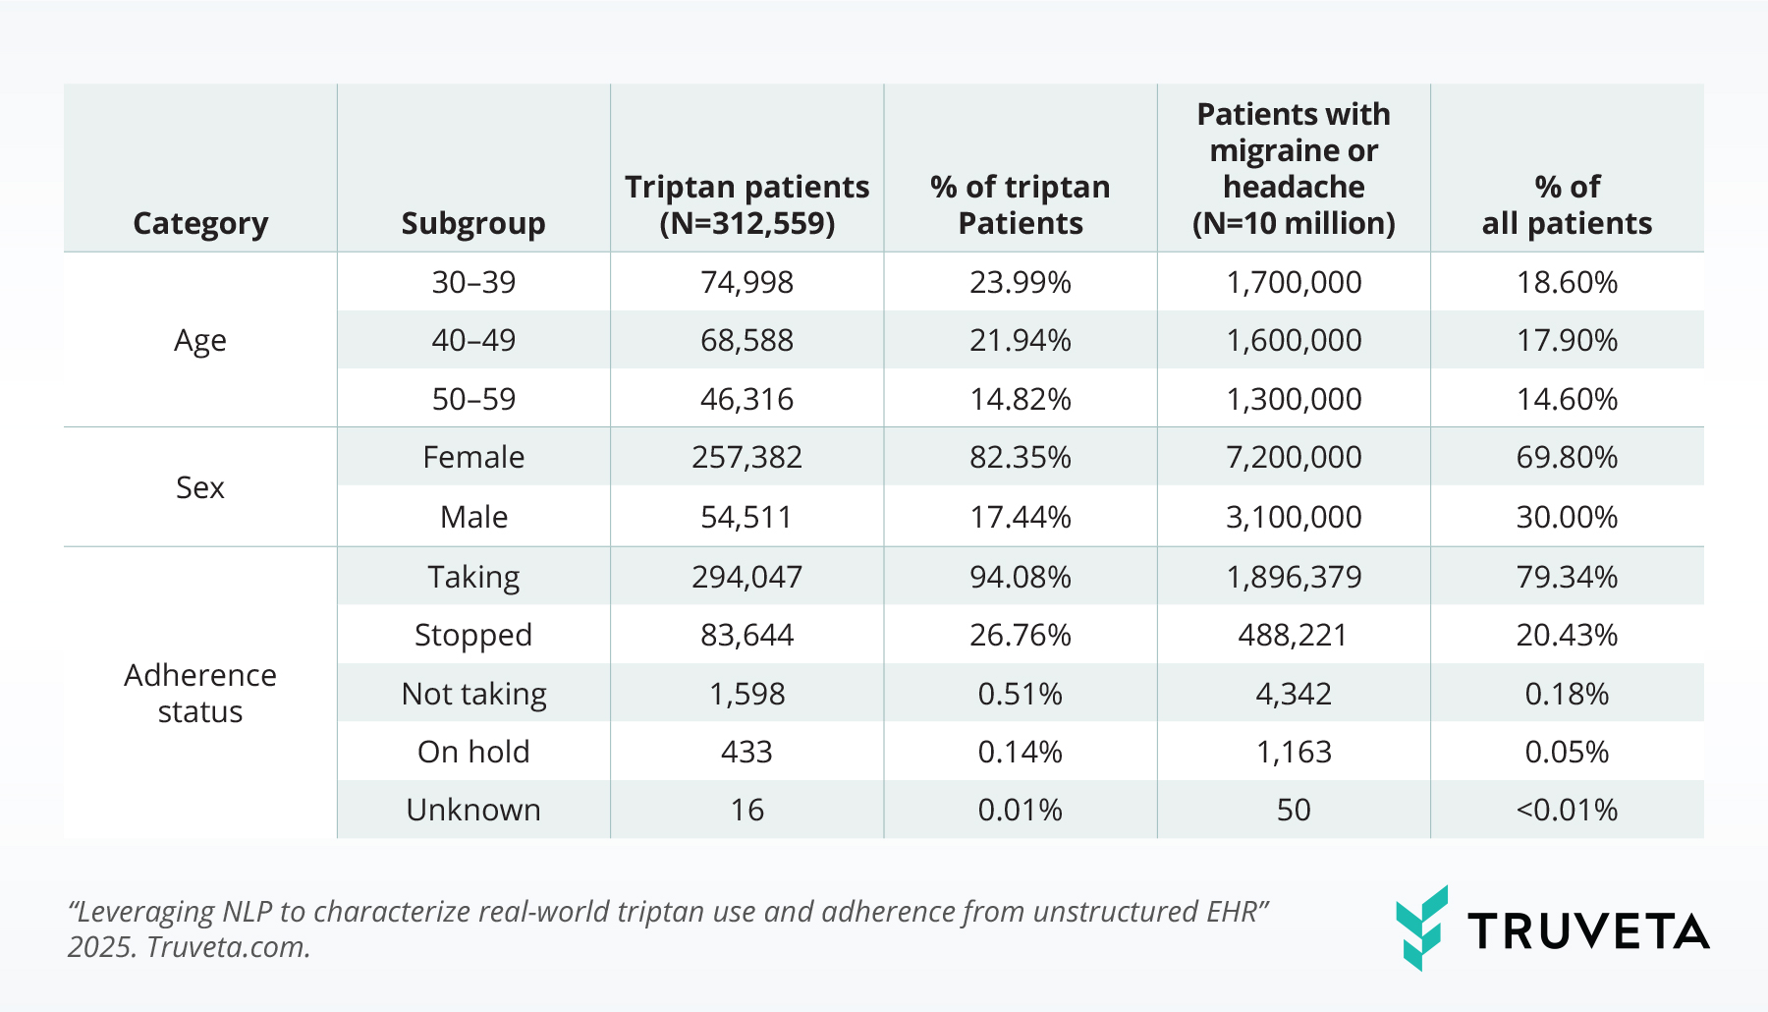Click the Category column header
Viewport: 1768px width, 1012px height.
tap(200, 223)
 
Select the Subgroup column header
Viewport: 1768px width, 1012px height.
tap(473, 223)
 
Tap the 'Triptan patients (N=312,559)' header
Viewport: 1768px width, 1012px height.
tap(746, 204)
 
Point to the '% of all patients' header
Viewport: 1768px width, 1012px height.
tap(1567, 204)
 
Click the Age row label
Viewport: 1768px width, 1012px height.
tap(200, 340)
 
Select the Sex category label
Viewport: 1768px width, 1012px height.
tap(200, 487)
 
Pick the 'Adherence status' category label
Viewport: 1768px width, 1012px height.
tap(200, 693)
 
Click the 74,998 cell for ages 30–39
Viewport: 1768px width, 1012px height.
tap(746, 282)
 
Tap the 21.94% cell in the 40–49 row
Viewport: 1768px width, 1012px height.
tap(1020, 340)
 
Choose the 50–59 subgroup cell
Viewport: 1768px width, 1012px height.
tap(473, 399)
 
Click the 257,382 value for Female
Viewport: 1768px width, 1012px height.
tap(746, 457)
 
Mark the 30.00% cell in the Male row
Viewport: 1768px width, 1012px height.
tap(1567, 517)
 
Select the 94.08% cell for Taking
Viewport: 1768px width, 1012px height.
tap(1020, 577)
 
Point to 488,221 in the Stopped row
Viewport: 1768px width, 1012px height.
tap(1293, 635)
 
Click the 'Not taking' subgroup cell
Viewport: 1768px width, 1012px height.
tap(473, 694)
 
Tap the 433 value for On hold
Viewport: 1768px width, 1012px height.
tap(746, 752)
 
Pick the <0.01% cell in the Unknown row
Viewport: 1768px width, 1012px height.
tap(1567, 810)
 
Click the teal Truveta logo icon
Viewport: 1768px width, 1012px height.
tap(1421, 928)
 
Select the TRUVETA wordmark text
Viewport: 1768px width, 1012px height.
tap(1588, 931)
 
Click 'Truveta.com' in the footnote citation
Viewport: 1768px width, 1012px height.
tap(228, 946)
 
